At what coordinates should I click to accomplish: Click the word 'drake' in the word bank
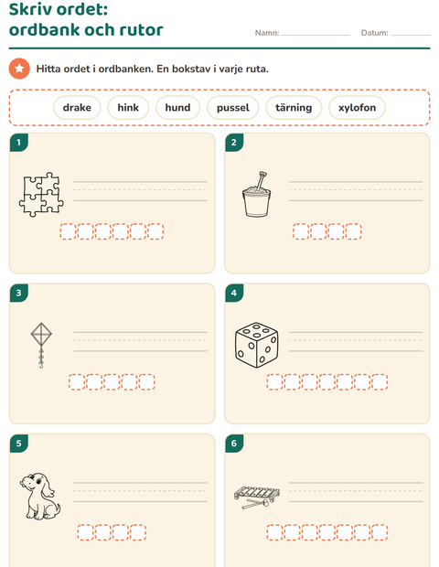[x=77, y=108]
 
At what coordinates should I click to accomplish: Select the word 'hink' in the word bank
[x=128, y=108]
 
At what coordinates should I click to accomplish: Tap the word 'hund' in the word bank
[x=177, y=108]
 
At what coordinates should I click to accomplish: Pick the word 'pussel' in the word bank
[x=233, y=108]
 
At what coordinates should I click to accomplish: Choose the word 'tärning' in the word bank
[x=294, y=108]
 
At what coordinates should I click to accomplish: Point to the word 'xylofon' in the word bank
[x=357, y=108]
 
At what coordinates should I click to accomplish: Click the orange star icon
[x=19, y=69]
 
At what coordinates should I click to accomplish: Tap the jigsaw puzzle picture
[x=41, y=195]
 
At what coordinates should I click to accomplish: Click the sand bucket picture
[x=257, y=195]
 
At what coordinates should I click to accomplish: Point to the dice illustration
[x=257, y=345]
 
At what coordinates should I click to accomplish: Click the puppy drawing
[x=40, y=496]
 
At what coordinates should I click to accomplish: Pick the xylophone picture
[x=257, y=497]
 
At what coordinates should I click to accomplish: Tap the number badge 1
[x=19, y=143]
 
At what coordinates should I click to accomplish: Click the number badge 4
[x=234, y=293]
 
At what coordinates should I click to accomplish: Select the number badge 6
[x=234, y=444]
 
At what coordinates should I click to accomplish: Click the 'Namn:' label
[x=267, y=33]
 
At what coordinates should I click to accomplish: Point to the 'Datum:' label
[x=375, y=33]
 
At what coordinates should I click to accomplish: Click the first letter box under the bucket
[x=301, y=231]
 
